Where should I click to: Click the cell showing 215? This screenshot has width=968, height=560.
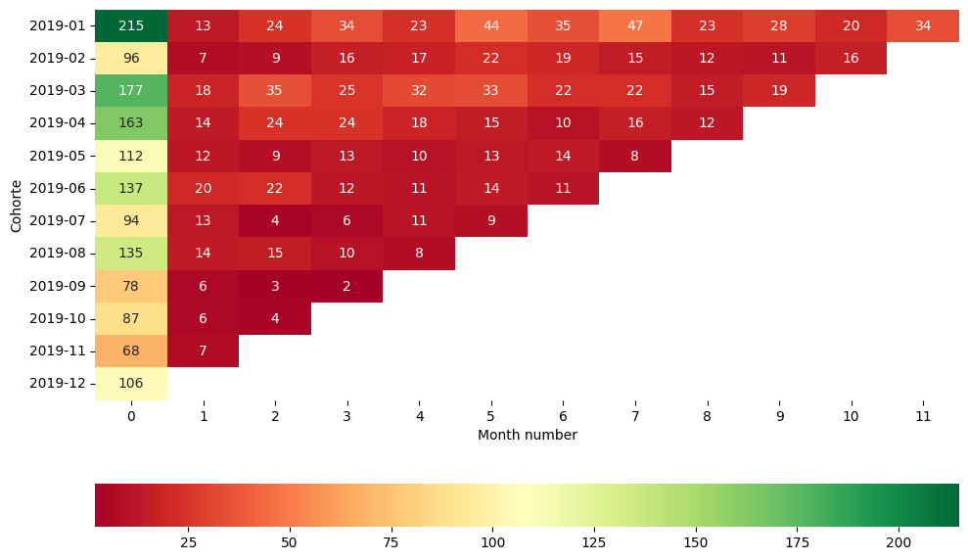coord(131,25)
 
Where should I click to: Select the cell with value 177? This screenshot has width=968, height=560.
coord(131,91)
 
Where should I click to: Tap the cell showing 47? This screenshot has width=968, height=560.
coord(634,25)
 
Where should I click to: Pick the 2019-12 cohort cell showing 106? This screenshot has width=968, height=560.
coord(131,383)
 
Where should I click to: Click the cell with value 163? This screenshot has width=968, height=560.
coord(131,123)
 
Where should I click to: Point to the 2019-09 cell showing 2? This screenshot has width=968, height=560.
coord(346,286)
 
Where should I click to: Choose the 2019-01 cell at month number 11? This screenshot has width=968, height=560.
coord(923,25)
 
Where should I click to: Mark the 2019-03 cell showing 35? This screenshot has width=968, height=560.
coord(275,91)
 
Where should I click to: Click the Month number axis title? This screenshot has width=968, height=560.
coord(527,435)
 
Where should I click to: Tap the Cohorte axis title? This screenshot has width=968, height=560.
coord(16,205)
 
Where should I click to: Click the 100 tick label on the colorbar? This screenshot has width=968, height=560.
coord(492,542)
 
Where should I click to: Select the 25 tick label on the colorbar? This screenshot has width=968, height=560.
coord(188,542)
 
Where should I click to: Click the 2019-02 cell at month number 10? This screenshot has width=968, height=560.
coord(851,59)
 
